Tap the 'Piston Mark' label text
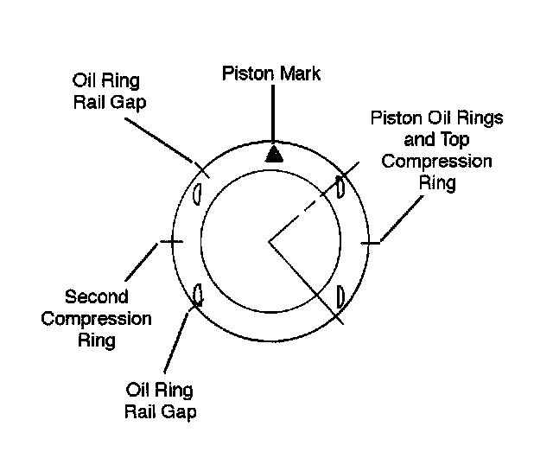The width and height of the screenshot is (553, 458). [x=270, y=73]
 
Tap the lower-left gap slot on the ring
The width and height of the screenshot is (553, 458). [x=198, y=295]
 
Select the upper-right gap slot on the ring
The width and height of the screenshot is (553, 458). [x=340, y=187]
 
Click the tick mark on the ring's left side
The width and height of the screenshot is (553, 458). [x=171, y=243]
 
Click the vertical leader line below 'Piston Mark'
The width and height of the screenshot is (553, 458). [x=274, y=112]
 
